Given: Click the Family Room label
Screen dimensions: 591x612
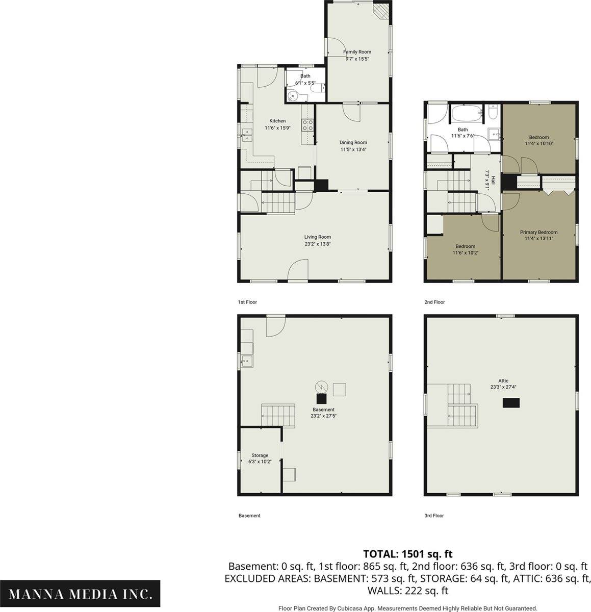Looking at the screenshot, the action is (x=357, y=52).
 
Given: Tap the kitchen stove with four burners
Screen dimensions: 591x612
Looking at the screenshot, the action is (x=307, y=125).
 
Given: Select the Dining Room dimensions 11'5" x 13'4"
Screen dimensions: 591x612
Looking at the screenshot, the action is (x=353, y=149).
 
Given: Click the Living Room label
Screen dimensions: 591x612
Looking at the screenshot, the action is (x=318, y=237).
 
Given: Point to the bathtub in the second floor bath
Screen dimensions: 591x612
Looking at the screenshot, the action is (x=467, y=114).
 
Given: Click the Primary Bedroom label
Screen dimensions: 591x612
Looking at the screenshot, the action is (x=539, y=232).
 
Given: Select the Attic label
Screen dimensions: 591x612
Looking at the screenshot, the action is (x=503, y=380).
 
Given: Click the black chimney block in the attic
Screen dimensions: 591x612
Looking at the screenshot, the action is (x=511, y=403).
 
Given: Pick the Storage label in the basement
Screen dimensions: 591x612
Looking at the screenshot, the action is (x=260, y=455).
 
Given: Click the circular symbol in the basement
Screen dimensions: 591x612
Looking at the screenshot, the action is (x=321, y=387).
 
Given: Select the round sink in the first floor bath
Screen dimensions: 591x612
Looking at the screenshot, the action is (x=292, y=95).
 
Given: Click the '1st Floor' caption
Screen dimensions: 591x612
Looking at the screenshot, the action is (x=247, y=302).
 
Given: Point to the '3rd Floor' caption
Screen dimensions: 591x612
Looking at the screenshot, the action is (x=434, y=516).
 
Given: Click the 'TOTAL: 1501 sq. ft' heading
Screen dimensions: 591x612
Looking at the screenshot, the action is (x=408, y=553).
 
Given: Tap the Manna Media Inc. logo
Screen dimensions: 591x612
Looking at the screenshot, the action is (x=80, y=594).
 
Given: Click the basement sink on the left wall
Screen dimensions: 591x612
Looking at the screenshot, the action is (x=247, y=361).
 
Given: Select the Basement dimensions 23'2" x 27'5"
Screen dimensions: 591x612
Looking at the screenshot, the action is (x=323, y=416).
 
